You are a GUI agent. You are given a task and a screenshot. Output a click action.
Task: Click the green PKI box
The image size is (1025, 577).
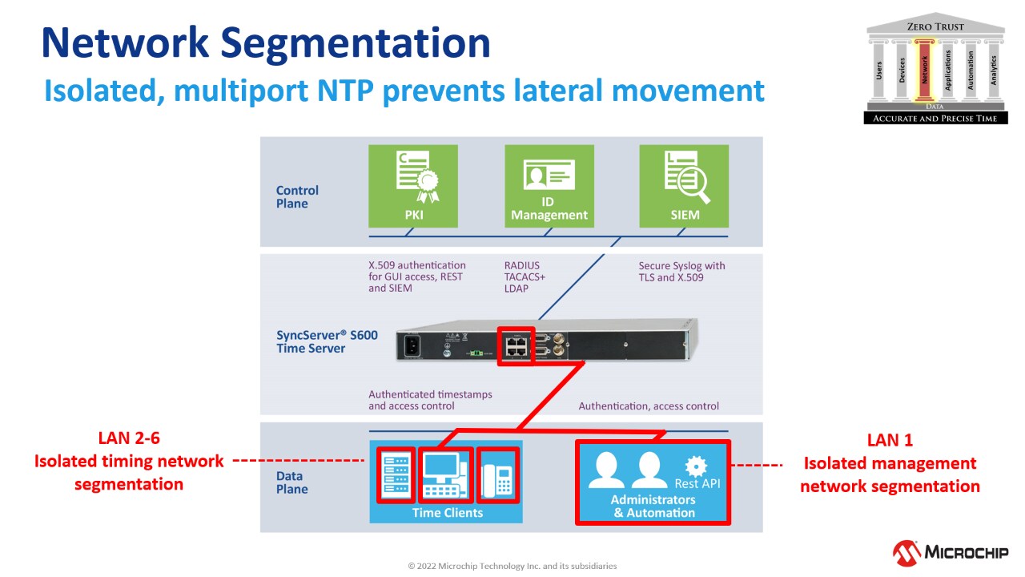[412, 185]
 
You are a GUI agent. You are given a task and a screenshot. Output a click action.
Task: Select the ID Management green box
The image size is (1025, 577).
[549, 185]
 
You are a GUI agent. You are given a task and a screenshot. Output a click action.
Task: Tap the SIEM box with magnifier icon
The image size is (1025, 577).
[684, 185]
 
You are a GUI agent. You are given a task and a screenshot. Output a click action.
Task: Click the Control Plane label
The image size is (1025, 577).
[297, 196]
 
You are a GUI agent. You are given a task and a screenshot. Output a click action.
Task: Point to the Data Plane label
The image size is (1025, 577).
[291, 482]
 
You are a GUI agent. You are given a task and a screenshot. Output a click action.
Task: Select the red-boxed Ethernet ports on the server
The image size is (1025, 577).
[517, 345]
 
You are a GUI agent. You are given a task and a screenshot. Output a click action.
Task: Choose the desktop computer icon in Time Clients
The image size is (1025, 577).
[446, 474]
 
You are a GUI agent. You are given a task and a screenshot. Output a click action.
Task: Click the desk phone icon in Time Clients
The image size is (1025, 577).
[498, 474]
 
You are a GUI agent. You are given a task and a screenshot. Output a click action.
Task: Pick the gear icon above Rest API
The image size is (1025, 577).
[696, 466]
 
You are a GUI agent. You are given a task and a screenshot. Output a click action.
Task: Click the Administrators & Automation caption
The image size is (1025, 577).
[653, 506]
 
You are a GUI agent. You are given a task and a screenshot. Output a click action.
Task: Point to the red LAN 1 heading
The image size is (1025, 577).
[889, 440]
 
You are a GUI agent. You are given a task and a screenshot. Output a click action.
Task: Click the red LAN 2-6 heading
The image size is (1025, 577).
[129, 438]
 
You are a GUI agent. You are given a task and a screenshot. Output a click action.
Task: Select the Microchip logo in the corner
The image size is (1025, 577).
[950, 552]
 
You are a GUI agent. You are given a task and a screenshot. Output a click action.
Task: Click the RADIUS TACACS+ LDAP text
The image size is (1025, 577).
[522, 276]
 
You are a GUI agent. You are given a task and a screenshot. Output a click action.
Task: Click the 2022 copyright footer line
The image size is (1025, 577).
[512, 566]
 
